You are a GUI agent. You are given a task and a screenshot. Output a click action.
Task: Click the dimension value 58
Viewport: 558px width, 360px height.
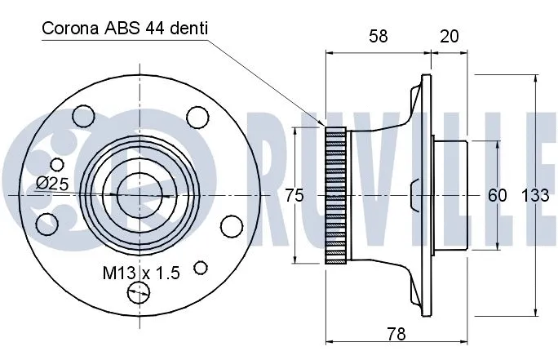[378, 36]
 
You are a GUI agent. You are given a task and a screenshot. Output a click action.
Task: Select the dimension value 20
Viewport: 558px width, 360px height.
[449, 36]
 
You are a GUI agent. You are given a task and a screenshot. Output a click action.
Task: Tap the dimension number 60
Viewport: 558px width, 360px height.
[497, 195]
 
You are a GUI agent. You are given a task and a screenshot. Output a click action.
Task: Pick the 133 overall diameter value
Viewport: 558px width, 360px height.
[534, 195]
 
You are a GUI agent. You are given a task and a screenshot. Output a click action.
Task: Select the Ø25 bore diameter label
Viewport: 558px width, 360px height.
[51, 184]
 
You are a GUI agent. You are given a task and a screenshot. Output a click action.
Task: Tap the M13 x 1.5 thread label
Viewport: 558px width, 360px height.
[141, 273]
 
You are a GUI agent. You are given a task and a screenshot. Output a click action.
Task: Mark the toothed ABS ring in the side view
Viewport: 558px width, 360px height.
[336, 195]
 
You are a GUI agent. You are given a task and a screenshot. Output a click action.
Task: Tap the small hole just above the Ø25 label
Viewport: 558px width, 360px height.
[56, 165]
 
